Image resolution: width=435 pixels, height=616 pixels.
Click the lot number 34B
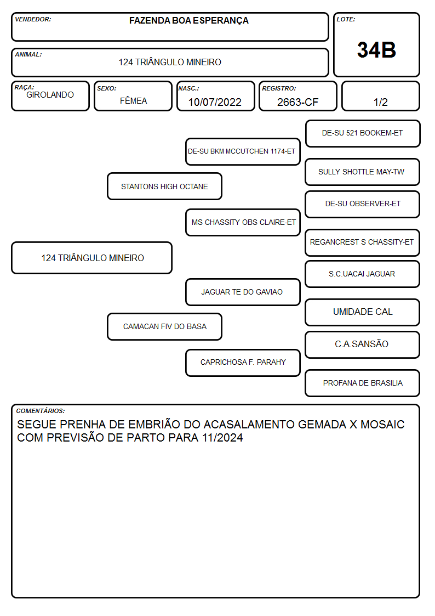pos(376,50)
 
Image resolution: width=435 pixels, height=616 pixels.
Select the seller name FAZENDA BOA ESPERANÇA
pos(188,21)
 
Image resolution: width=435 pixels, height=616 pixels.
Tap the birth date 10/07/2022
pos(215,102)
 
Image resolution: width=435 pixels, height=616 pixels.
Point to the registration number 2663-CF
pos(297,102)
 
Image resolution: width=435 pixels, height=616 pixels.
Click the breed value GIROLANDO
pos(50,95)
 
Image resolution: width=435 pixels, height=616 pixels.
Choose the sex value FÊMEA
pos(133,100)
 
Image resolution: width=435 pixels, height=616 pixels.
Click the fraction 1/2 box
pos(380,96)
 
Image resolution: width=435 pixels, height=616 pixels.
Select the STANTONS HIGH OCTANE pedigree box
pos(164,186)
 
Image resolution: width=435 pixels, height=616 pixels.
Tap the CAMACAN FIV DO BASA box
pos(164,326)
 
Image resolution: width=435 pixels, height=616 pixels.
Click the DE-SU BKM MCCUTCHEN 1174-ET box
pos(243,151)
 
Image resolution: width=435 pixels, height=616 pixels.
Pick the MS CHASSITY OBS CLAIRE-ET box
pos(243,222)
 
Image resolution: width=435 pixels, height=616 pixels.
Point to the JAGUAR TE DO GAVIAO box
pos(243,292)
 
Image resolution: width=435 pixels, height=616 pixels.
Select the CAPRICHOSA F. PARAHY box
pos(243,363)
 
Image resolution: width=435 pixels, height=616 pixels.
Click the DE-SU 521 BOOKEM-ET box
pos(363,134)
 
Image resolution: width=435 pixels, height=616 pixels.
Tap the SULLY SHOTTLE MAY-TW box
pos(363,172)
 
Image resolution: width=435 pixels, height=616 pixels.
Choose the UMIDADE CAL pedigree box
pos(363,312)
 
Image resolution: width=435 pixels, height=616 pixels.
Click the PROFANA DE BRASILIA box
pos(363,383)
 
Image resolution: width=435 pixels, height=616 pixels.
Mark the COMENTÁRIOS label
pos(41,411)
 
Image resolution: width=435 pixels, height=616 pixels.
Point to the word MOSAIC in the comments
pos(382,424)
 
